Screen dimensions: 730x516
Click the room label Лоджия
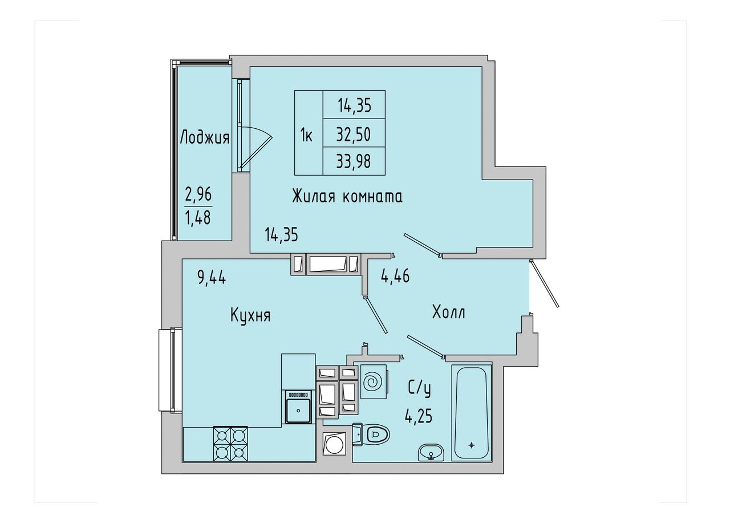pyautogui.click(x=205, y=137)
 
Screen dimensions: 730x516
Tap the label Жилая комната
pyautogui.click(x=347, y=197)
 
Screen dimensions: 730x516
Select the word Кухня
pyautogui.click(x=250, y=316)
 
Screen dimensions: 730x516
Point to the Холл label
pyautogui.click(x=448, y=312)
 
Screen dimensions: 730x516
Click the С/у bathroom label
pyautogui.click(x=419, y=389)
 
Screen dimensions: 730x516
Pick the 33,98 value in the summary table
pyautogui.click(x=354, y=161)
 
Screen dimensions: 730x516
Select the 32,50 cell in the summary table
pyautogui.click(x=354, y=134)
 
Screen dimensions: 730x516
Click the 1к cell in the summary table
pyautogui.click(x=306, y=135)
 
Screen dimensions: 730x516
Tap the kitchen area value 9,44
pyautogui.click(x=212, y=278)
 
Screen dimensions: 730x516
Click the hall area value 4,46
pyautogui.click(x=395, y=276)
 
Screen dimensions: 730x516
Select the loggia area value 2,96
pyautogui.click(x=198, y=195)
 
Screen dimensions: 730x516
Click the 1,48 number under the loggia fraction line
pyautogui.click(x=198, y=217)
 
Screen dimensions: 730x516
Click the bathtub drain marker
pyautogui.click(x=471, y=445)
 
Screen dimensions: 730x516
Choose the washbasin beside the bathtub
pyautogui.click(x=431, y=452)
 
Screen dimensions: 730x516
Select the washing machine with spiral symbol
pyautogui.click(x=374, y=381)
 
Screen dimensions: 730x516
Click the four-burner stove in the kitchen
pyautogui.click(x=230, y=444)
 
